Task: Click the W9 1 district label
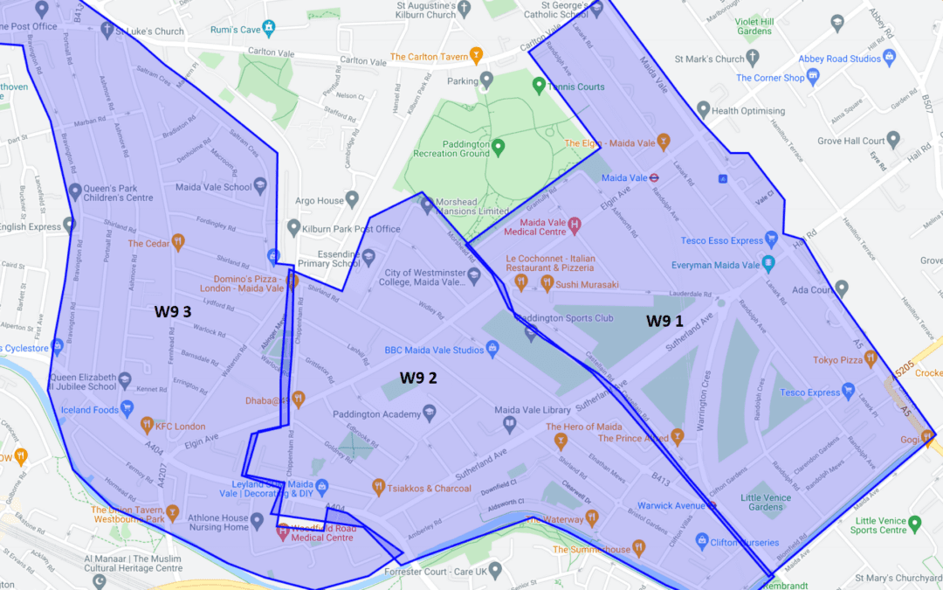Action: [x=664, y=321]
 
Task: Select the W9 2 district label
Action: [x=418, y=378]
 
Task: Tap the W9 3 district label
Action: [x=173, y=311]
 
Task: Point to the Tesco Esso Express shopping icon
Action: [x=770, y=240]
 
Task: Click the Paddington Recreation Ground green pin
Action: [x=498, y=146]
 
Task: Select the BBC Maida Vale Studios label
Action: [x=434, y=351]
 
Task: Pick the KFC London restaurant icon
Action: [x=147, y=426]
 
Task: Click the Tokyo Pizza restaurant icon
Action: [x=871, y=359]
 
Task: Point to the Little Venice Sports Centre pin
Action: [x=914, y=524]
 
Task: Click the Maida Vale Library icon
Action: [x=509, y=425]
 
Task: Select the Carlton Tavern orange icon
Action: [x=476, y=57]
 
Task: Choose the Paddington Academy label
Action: [x=376, y=414]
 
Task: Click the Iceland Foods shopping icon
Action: [x=127, y=408]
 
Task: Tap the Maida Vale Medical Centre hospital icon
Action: [x=575, y=226]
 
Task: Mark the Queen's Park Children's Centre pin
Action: [x=75, y=190]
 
